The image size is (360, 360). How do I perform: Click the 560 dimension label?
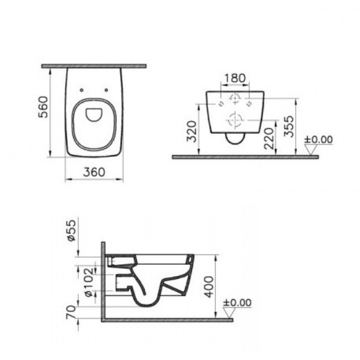[44, 107]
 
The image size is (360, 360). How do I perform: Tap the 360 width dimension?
[94, 172]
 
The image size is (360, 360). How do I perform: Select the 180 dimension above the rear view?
[235, 78]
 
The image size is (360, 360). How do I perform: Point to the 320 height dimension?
[192, 132]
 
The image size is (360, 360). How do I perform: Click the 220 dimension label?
[269, 139]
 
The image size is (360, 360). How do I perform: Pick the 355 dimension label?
[288, 126]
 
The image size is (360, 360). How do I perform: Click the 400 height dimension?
[209, 287]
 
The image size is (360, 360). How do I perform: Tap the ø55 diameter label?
[72, 230]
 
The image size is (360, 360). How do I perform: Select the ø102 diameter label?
[89, 282]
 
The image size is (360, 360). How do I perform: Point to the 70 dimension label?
[71, 312]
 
